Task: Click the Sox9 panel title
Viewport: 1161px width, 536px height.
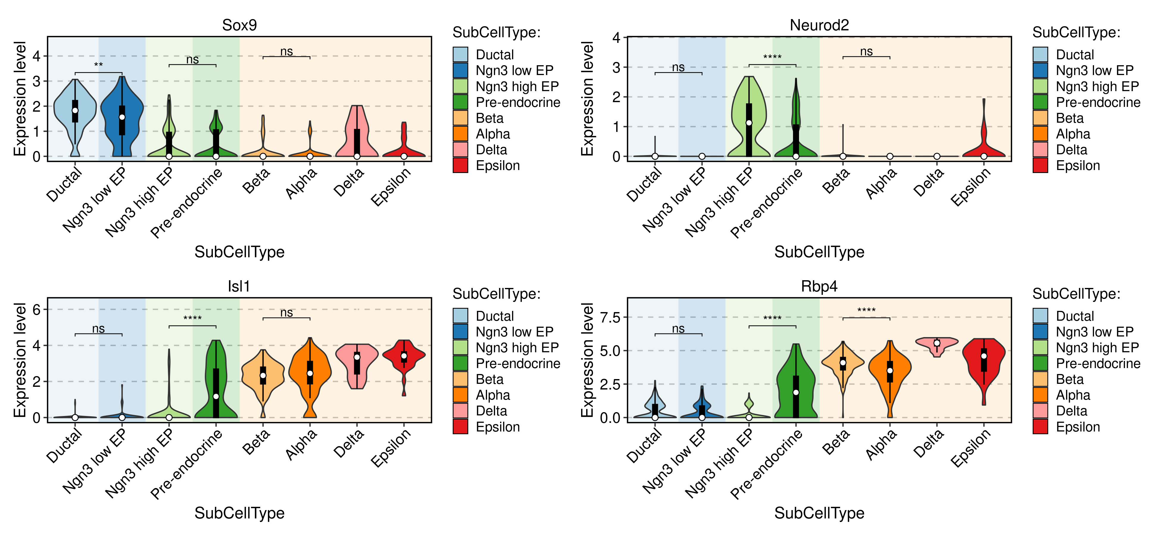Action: [239, 25]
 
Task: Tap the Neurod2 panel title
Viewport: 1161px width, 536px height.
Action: [819, 25]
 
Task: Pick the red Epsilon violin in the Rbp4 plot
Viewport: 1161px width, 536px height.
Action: [984, 361]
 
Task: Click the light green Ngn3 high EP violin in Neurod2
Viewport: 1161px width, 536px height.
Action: [749, 117]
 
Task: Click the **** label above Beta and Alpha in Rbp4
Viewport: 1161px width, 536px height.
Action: [866, 311]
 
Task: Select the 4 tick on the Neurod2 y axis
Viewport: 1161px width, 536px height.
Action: [616, 38]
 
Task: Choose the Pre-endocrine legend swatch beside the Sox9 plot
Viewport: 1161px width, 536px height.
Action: [460, 102]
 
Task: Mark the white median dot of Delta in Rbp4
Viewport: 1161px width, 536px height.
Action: [937, 343]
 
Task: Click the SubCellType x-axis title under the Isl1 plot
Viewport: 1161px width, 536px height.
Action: [239, 513]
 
